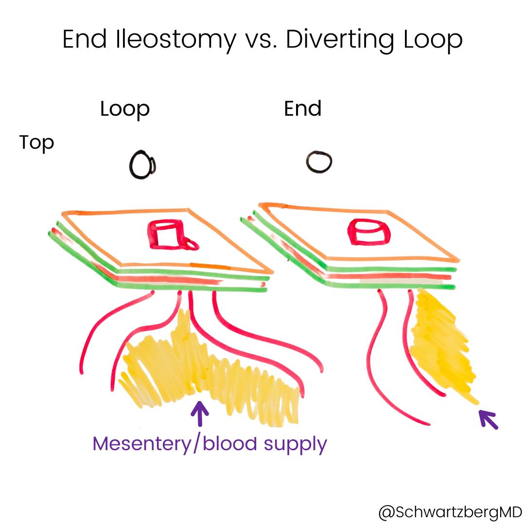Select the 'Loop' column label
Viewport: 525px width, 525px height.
click(x=125, y=110)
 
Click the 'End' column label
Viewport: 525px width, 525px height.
click(x=303, y=108)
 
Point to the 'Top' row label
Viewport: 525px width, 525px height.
click(x=36, y=143)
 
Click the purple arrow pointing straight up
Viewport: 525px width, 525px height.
click(x=200, y=414)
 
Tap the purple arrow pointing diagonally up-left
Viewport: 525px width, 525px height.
click(x=489, y=419)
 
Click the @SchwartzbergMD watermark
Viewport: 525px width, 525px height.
click(x=451, y=512)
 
